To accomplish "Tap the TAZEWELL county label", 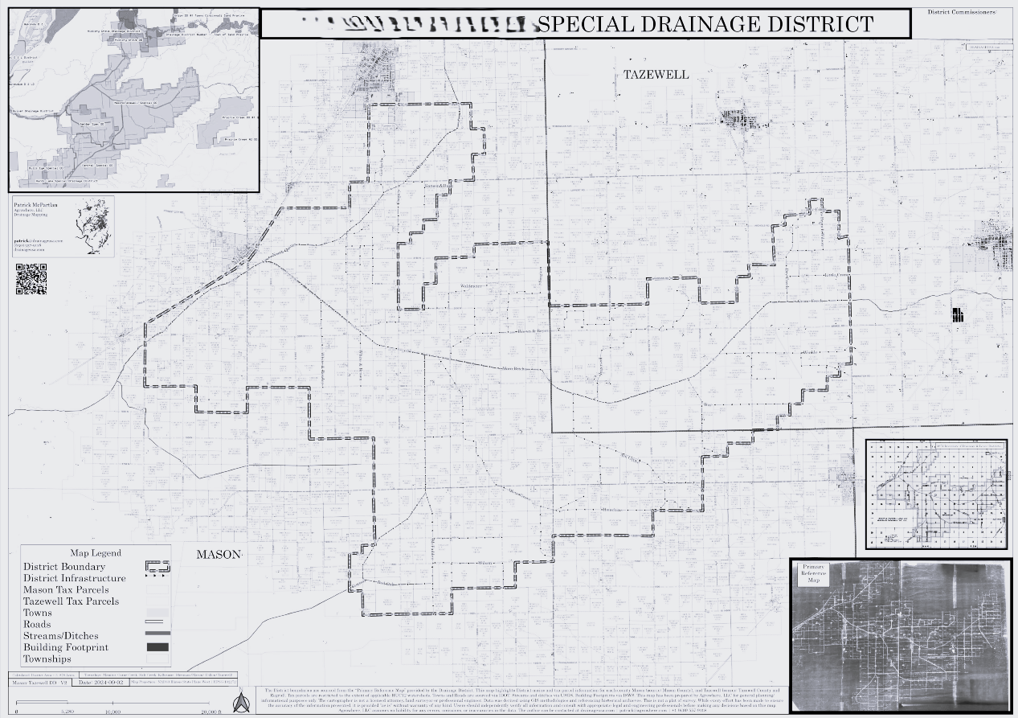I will point(656,75).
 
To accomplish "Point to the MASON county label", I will point(219,555).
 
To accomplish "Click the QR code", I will point(31,279).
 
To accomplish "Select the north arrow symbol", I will point(239,704).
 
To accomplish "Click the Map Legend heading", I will point(96,553).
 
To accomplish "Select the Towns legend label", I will point(38,613).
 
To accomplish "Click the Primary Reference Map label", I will point(814,573).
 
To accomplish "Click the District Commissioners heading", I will point(962,12).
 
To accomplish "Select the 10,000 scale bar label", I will point(112,712).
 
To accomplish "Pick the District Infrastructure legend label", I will point(74,579).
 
